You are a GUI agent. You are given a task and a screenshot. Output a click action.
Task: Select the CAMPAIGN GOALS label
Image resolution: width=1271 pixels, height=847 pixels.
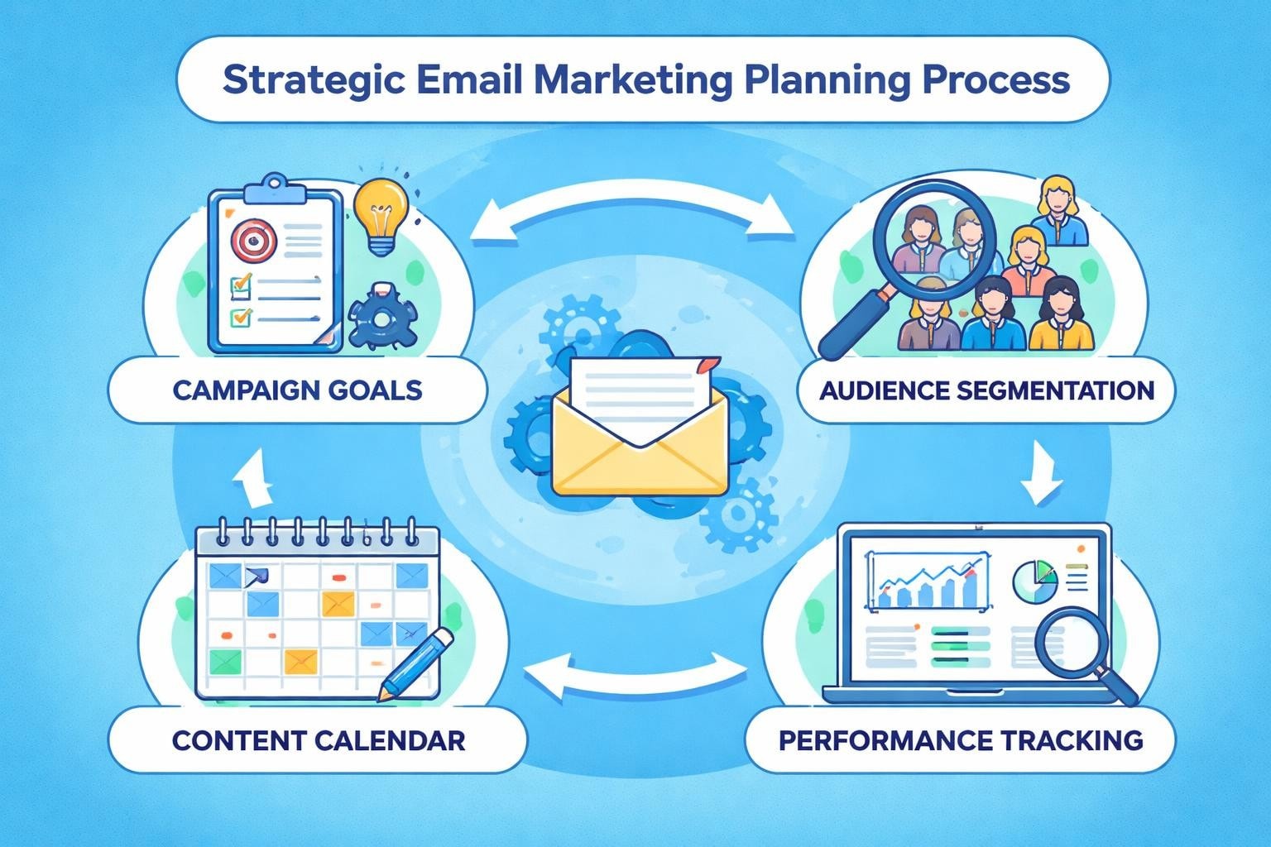pyautogui.click(x=297, y=390)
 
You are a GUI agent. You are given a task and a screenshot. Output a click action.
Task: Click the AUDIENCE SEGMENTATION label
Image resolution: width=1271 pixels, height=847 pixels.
pyautogui.click(x=986, y=390)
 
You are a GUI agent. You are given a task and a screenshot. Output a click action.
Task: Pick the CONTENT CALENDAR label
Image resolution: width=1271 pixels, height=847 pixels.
pyautogui.click(x=318, y=739)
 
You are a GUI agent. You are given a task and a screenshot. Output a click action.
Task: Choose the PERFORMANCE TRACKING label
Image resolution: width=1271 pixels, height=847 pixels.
pyautogui.click(x=961, y=739)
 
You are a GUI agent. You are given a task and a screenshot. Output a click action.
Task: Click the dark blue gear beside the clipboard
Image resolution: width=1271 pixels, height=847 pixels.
pyautogui.click(x=383, y=316)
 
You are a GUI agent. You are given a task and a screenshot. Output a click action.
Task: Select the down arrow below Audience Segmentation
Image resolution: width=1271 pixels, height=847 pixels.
pyautogui.click(x=1041, y=475)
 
